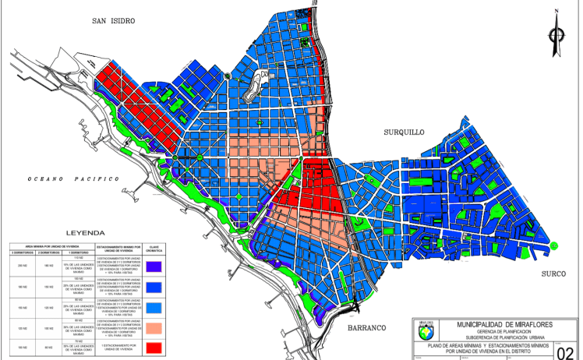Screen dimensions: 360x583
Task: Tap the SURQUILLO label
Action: pos(405,132)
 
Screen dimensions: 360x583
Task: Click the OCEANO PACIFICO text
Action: pos(74,179)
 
